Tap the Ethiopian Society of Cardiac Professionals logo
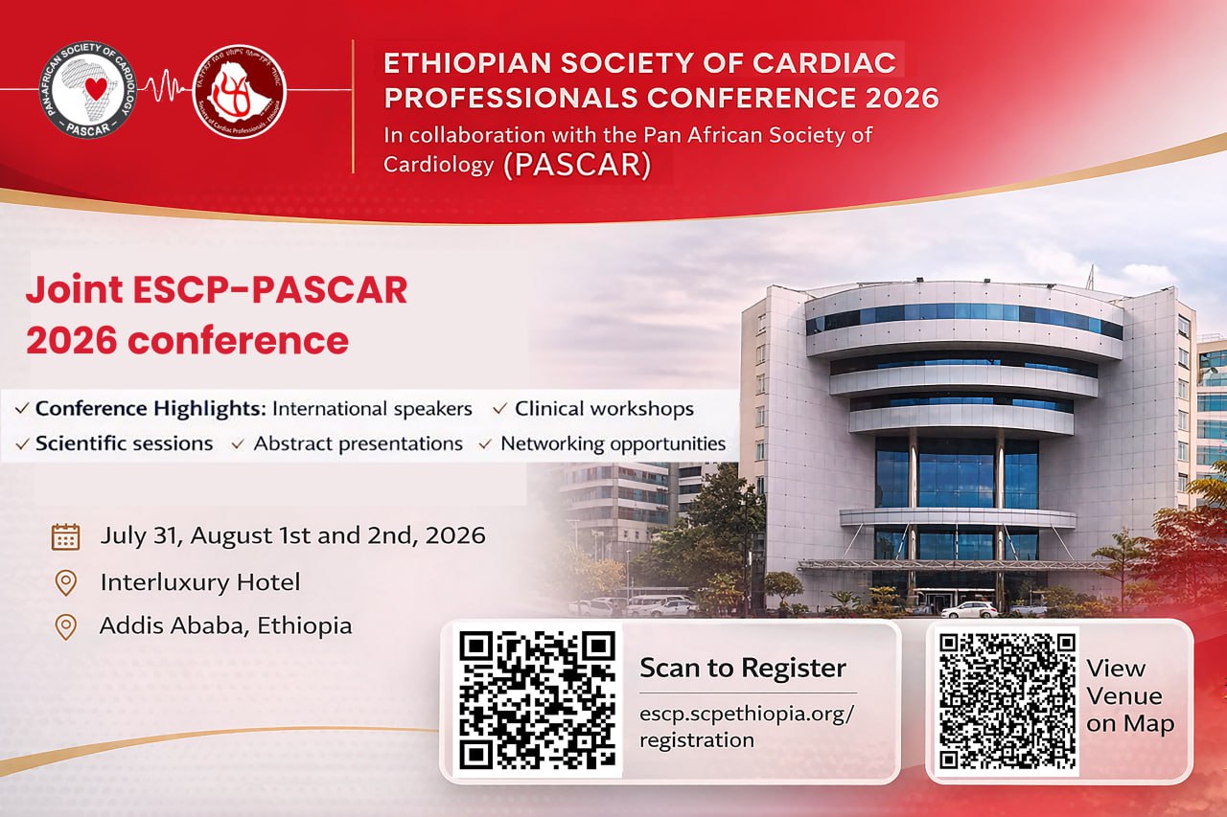(x=241, y=91)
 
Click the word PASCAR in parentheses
(x=577, y=164)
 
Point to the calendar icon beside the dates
(x=65, y=535)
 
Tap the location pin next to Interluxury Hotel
(x=65, y=582)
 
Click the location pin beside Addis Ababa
(x=65, y=627)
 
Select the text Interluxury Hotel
(x=199, y=581)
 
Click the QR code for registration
(x=536, y=700)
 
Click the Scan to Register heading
(x=743, y=668)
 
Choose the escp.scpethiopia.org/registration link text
(x=746, y=727)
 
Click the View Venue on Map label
(x=1129, y=696)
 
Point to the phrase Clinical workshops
(x=604, y=409)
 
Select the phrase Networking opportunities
(x=613, y=443)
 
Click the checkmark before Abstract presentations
(x=238, y=444)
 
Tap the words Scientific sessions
(x=124, y=443)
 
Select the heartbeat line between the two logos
(x=164, y=89)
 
